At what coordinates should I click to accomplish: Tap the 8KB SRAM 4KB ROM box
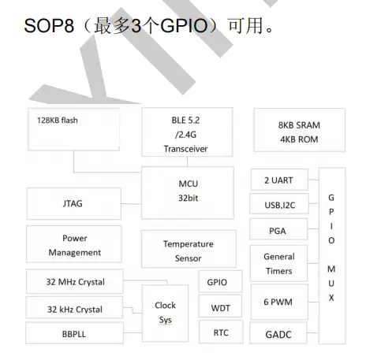point(300,132)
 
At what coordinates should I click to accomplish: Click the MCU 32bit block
point(187,191)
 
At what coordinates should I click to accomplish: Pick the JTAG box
point(73,203)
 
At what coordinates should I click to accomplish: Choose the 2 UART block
point(278,180)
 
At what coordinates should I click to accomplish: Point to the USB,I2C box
point(278,205)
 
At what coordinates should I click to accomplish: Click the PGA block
point(278,231)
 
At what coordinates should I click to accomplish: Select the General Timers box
point(278,263)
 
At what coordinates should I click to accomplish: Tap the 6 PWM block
point(278,302)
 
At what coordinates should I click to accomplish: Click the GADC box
point(278,334)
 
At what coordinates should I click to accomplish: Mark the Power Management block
point(74,245)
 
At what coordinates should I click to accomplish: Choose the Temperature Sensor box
point(188,251)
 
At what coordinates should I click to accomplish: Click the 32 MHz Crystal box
point(76,281)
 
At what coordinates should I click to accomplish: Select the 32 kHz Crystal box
point(76,308)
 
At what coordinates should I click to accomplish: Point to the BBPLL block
point(76,334)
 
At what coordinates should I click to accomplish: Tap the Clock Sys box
point(166,312)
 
